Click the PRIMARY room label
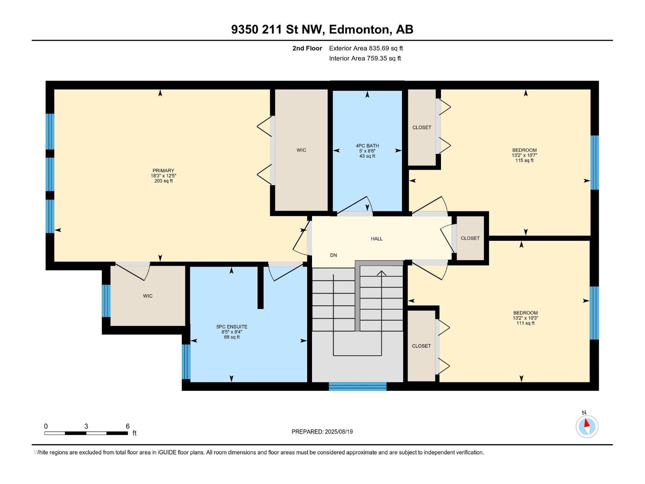[x=163, y=171]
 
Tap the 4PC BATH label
[x=367, y=146]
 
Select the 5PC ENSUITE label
[x=231, y=326]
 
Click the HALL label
[x=377, y=239]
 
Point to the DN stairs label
[x=333, y=255]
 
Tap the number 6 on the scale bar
[x=127, y=426]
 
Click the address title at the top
[x=322, y=29]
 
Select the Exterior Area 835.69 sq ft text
[x=366, y=48]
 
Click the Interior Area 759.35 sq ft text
[x=365, y=58]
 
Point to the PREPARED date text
[x=322, y=432]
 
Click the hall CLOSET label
[x=470, y=238]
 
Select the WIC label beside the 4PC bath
[x=301, y=150]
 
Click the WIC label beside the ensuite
[x=148, y=296]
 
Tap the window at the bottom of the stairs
[x=357, y=386]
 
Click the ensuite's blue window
[x=186, y=362]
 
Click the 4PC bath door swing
[x=355, y=204]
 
